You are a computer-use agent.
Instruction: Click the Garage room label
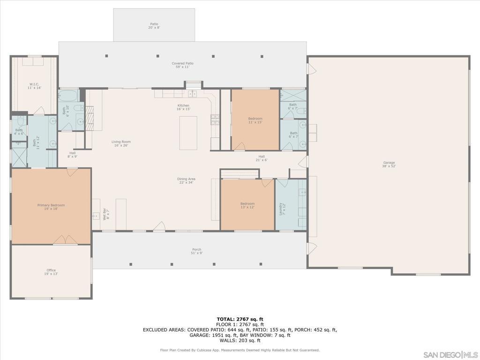click(389, 165)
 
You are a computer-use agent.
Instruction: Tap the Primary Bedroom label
click(51, 207)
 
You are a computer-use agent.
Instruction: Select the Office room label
click(51, 272)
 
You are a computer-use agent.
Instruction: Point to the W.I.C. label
click(34, 86)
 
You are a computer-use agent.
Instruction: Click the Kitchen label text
click(183, 107)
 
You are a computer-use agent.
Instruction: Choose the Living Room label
click(121, 143)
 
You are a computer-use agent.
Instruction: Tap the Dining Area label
click(186, 180)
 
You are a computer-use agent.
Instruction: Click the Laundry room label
click(282, 209)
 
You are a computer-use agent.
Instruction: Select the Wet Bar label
click(106, 214)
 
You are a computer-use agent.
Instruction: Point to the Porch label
click(197, 251)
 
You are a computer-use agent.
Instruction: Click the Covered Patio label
click(182, 65)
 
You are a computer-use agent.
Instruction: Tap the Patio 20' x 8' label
click(154, 26)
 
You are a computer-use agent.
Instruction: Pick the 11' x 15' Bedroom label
click(255, 120)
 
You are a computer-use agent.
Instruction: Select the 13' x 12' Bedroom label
click(247, 205)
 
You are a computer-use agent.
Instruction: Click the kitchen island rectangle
click(188, 133)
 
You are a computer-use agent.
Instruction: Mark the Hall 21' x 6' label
click(262, 158)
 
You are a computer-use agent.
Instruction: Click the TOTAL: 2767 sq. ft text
click(240, 319)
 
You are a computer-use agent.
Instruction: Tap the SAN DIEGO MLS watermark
click(450, 354)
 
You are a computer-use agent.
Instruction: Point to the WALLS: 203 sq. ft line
click(240, 340)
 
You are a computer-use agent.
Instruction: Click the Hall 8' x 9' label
click(73, 155)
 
